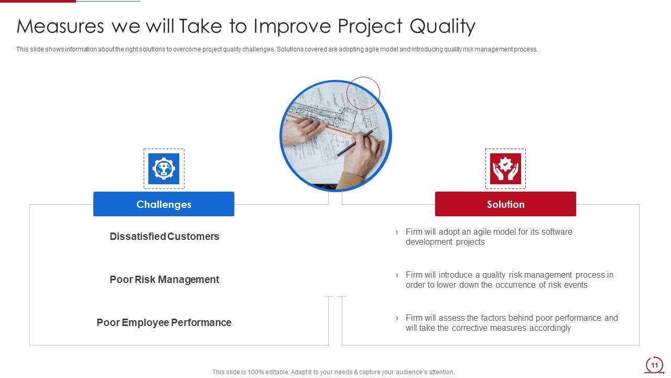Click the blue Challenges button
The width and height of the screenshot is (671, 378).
tap(164, 204)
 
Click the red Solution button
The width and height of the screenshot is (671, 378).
tap(505, 204)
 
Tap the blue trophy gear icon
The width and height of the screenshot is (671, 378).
tap(164, 169)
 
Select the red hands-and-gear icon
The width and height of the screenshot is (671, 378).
tap(505, 169)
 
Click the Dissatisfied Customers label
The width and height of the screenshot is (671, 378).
tap(165, 236)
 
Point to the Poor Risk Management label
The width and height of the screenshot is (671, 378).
tap(165, 279)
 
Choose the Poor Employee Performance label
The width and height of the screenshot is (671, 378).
tap(164, 322)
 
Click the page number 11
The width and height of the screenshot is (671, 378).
tap(654, 365)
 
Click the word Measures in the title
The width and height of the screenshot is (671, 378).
tap(60, 26)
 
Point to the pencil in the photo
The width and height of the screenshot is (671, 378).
tap(354, 143)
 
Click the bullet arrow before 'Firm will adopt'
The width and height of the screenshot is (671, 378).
tap(397, 232)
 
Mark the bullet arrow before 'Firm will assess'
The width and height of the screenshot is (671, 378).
tap(397, 318)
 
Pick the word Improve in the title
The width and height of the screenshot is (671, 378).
tap(292, 27)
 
